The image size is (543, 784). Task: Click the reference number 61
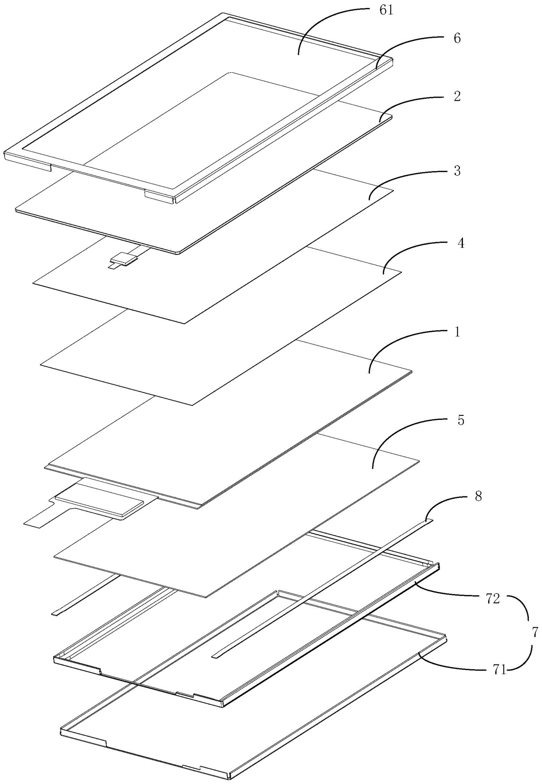386,10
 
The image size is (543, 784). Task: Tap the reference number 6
457,39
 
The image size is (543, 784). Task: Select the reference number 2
457,96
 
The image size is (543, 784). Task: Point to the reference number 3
457,171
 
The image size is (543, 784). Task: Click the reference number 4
460,243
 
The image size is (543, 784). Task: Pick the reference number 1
457,332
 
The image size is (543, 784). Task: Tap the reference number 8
478,497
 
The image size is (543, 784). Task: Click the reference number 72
491,599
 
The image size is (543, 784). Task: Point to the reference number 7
535,633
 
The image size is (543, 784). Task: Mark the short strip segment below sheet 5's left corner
86,595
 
